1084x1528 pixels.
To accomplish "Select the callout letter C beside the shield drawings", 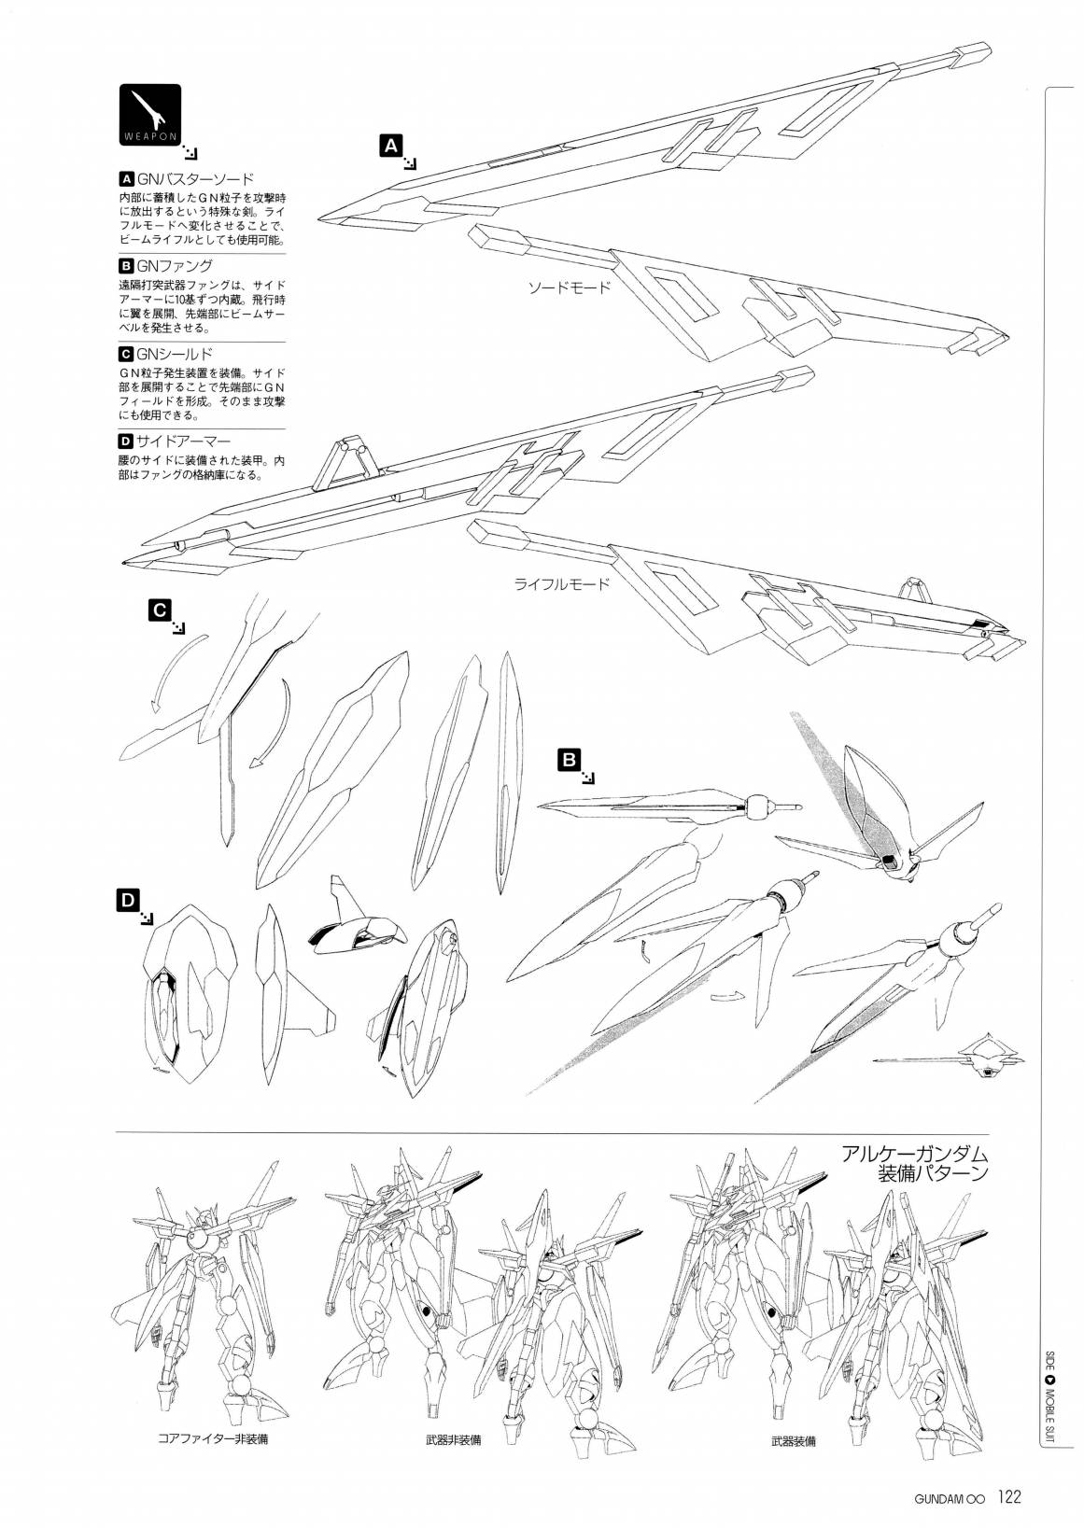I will [x=159, y=610].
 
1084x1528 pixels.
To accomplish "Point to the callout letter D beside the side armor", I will [x=127, y=900].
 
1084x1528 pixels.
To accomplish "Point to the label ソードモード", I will [x=568, y=287].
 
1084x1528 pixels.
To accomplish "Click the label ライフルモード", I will [x=561, y=585].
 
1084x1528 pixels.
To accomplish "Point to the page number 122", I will [x=1009, y=1498].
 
